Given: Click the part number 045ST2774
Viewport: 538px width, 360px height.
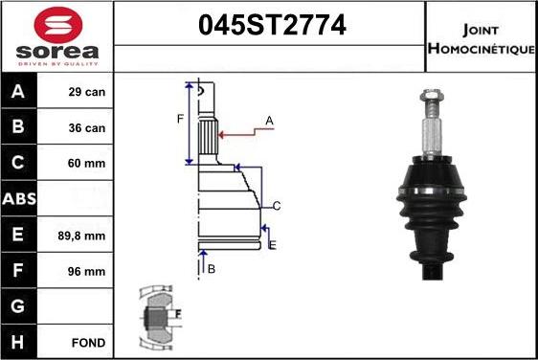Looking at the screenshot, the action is point(272,25).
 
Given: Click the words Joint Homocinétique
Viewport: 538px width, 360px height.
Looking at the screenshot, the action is point(482,39).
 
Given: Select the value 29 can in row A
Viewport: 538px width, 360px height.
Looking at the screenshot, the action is point(87,92).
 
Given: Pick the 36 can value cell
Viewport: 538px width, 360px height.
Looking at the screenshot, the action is point(87,128).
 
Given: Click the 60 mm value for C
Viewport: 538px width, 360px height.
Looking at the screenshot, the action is point(86,163).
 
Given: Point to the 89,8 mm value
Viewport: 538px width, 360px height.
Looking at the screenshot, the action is point(81,236).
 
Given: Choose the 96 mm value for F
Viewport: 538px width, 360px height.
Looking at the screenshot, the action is point(86,272).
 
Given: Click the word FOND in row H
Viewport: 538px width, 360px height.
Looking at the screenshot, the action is point(88,343).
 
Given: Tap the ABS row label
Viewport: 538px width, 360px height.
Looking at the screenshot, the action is point(19,198).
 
